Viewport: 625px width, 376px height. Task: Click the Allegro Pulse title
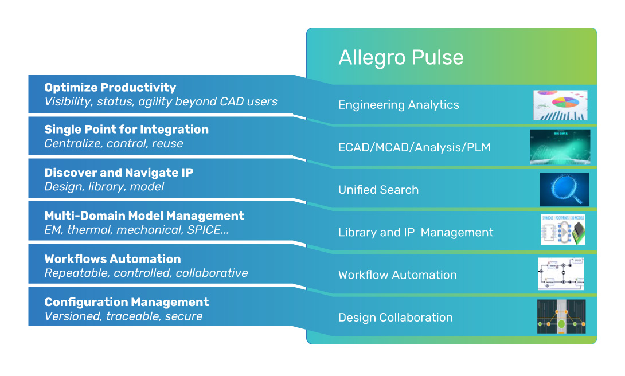[401, 57]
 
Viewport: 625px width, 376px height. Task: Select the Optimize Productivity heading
[110, 88]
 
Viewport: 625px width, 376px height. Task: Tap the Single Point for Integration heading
[126, 130]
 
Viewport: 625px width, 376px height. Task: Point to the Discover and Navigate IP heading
[118, 173]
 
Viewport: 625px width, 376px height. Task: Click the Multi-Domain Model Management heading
[144, 216]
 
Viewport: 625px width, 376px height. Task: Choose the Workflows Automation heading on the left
[112, 259]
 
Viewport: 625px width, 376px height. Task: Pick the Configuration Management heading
[126, 302]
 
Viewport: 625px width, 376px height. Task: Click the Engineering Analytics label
[399, 105]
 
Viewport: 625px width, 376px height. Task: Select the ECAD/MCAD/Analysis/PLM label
[414, 147]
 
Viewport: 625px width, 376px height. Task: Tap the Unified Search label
[378, 190]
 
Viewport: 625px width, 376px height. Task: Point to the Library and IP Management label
[416, 232]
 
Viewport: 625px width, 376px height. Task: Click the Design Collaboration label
[396, 318]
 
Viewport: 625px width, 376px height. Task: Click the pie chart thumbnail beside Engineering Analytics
[560, 105]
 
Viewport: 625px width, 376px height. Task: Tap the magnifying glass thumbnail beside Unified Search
[564, 190]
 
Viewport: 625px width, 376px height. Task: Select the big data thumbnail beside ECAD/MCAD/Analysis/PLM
[560, 147]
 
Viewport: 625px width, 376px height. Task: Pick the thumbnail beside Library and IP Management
[563, 230]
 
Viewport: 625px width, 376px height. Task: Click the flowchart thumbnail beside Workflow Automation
[561, 274]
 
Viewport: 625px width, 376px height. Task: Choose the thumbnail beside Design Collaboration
[561, 316]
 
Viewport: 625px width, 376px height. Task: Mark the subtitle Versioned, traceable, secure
[123, 316]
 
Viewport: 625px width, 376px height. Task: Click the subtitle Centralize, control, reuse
[114, 143]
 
